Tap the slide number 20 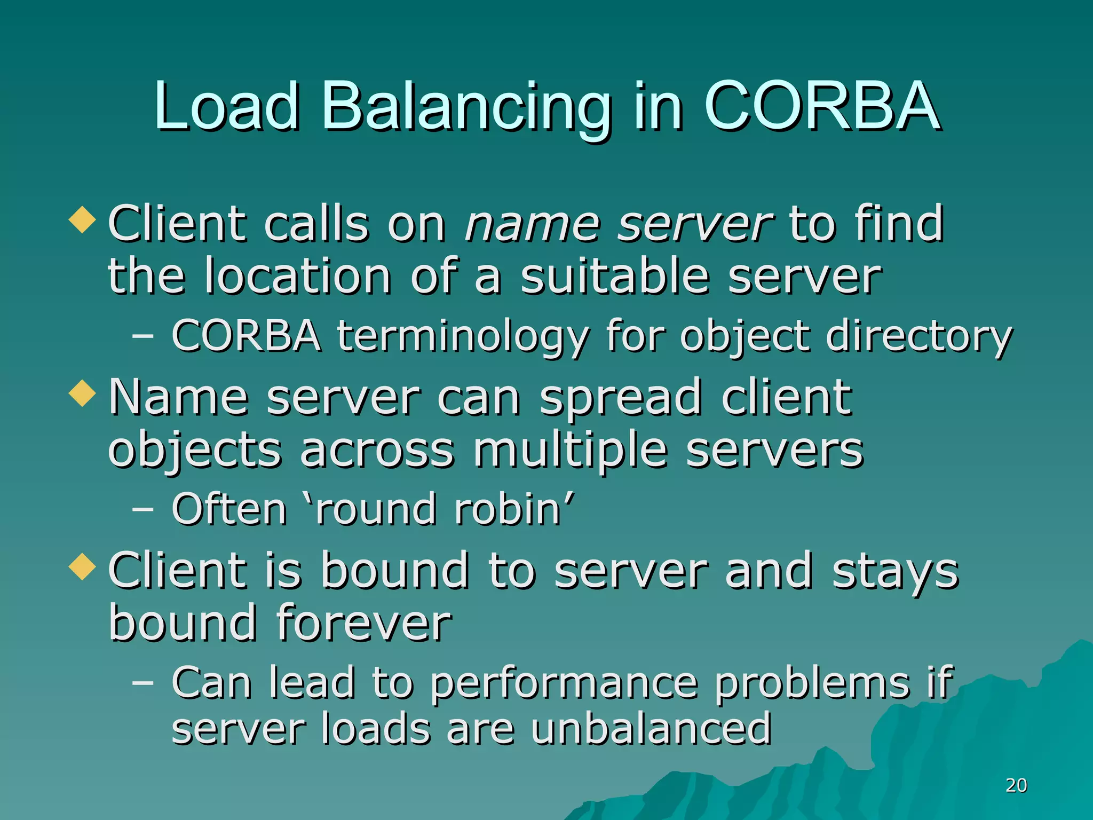point(1016,785)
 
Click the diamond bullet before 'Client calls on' point(83,220)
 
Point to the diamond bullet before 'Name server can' point(83,393)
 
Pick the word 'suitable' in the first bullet point(615,277)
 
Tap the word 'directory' point(918,336)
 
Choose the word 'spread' point(621,398)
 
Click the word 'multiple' point(570,450)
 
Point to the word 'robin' point(508,509)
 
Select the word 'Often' point(229,509)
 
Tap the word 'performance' point(564,683)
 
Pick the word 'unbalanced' point(651,729)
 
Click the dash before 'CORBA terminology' point(142,336)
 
